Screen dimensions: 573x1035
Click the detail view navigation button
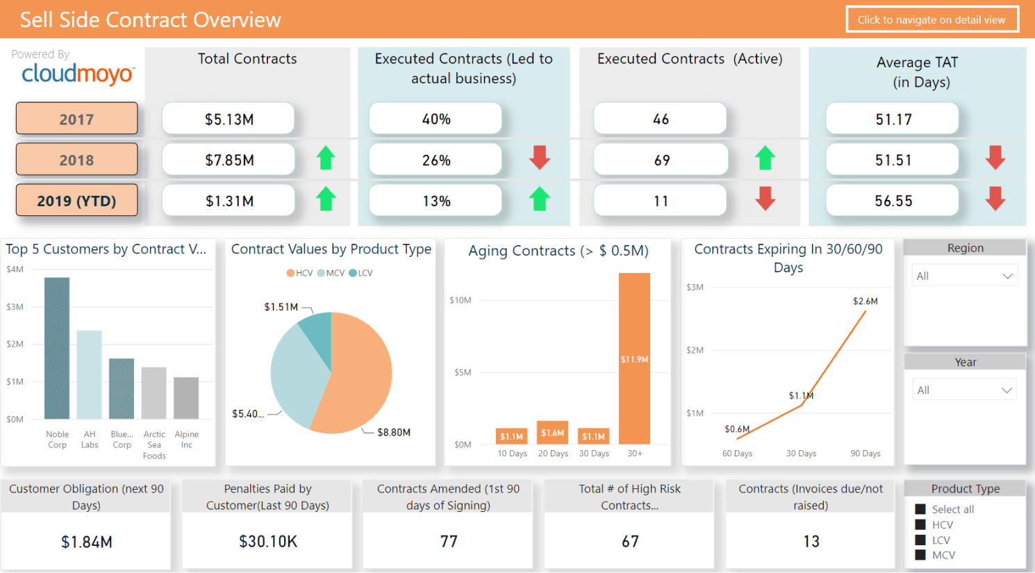932,19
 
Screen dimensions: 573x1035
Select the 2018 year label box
76,160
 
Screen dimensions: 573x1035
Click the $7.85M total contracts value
229,160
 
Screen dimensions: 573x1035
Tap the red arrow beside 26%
540,158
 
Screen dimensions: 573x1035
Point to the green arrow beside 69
765,158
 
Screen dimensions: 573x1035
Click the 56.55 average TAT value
893,201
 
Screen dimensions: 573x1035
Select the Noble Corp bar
57,347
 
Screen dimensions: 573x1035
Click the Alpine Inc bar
186,398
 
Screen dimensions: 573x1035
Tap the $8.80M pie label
393,432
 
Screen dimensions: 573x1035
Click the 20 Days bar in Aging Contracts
552,433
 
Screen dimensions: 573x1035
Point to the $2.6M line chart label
865,301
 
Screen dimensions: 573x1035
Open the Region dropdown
964,276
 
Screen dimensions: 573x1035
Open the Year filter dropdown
964,390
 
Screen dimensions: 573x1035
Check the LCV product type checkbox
920,540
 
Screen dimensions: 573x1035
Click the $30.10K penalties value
268,542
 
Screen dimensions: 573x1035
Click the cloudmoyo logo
77,74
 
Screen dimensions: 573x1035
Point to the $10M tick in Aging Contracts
460,300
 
